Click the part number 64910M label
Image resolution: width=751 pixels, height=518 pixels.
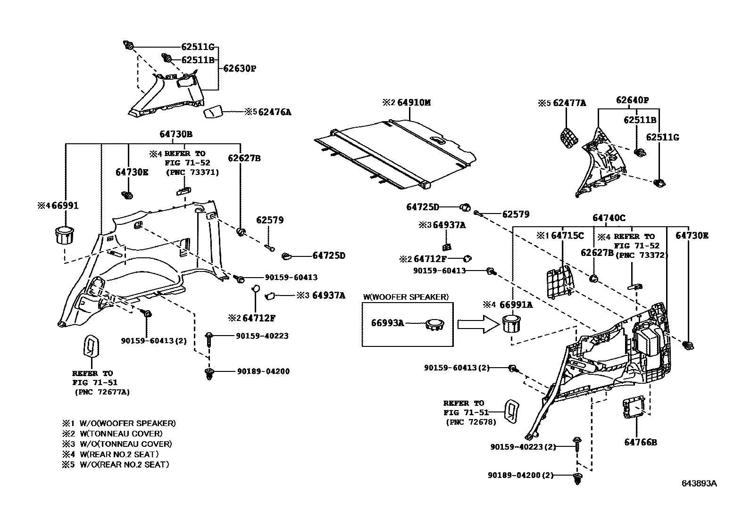(x=414, y=103)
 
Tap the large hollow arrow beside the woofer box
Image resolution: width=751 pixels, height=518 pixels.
(x=478, y=324)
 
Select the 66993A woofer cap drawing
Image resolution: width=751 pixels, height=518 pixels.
(x=435, y=324)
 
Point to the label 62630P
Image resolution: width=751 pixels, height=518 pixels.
(x=239, y=68)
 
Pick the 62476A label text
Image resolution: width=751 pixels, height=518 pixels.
(x=275, y=112)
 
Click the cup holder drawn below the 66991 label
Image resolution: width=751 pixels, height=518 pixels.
(x=64, y=236)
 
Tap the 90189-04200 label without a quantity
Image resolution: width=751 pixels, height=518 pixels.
(x=263, y=371)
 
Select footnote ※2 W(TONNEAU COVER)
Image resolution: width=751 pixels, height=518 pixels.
(x=112, y=434)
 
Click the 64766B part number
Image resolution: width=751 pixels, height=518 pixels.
(x=640, y=442)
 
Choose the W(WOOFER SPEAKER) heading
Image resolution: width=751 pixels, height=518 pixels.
(x=406, y=297)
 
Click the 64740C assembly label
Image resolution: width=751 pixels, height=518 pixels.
(x=609, y=218)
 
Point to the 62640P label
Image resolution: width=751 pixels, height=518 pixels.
(x=632, y=100)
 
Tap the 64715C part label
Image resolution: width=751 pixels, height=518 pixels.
(x=567, y=236)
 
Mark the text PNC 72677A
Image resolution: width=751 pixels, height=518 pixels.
(x=102, y=392)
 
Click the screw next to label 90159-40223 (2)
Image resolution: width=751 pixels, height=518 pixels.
(x=577, y=445)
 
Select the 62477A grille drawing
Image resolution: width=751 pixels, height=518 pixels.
(x=569, y=137)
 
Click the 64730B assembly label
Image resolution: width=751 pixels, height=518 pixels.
(x=175, y=134)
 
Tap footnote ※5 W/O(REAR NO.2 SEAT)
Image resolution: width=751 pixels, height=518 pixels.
(x=116, y=464)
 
